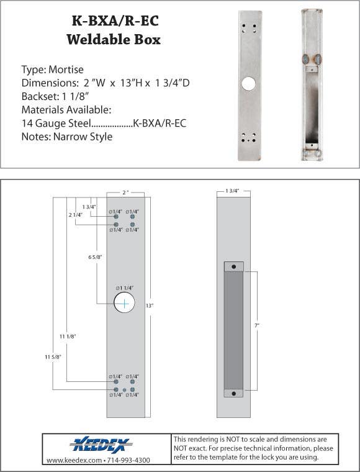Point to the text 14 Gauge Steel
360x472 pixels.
point(56,124)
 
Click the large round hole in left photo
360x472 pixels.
point(249,84)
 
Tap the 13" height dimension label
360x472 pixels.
point(150,306)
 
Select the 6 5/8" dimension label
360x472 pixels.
point(95,256)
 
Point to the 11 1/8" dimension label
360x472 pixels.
point(68,336)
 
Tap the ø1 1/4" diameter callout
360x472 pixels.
point(124,288)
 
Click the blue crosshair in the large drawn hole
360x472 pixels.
point(124,303)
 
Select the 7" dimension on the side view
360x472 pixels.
point(257,325)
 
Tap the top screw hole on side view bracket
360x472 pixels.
point(233,266)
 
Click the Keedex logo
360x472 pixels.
point(101,444)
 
